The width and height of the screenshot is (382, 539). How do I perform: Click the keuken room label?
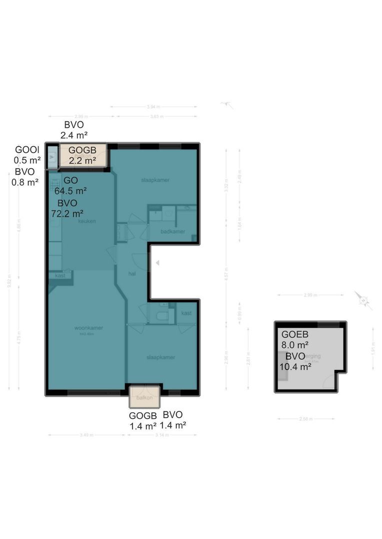[86, 221]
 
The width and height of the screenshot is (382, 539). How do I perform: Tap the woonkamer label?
[88, 328]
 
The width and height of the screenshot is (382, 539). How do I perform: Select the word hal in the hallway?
[132, 273]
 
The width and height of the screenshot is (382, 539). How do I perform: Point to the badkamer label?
[173, 232]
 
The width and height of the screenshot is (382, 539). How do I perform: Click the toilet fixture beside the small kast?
[161, 316]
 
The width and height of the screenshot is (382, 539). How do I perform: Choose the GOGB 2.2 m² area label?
[82, 155]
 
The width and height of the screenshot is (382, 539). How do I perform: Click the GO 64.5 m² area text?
[70, 186]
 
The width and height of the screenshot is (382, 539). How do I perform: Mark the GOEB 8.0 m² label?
[295, 339]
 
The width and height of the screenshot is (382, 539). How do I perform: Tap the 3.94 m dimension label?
[153, 106]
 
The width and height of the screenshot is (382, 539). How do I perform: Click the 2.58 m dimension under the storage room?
[306, 419]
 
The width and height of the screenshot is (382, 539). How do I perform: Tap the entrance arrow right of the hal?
[157, 263]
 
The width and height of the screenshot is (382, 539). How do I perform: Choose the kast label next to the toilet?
[186, 313]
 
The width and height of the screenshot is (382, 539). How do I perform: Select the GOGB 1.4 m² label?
[143, 421]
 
